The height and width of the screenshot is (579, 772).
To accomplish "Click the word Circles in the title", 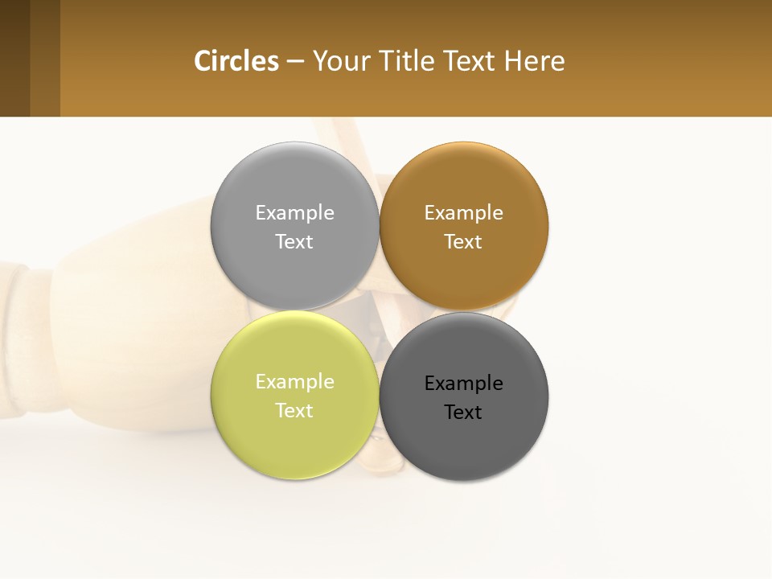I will pos(236,61).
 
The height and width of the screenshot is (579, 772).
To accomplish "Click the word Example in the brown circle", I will pos(463,213).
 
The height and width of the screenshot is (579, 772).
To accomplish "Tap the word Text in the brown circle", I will pos(463,242).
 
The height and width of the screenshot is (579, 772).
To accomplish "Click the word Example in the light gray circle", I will pos(294,213).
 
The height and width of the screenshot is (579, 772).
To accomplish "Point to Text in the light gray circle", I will pos(294,242).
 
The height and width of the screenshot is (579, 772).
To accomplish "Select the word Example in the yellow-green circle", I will pos(294,382).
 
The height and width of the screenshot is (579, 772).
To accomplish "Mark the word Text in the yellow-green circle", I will pos(294,411).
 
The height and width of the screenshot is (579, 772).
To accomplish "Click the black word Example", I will pos(463,384).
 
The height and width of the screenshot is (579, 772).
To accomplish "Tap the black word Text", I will pos(463,413).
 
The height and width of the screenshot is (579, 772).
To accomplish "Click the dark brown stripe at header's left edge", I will pos(14,58).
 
